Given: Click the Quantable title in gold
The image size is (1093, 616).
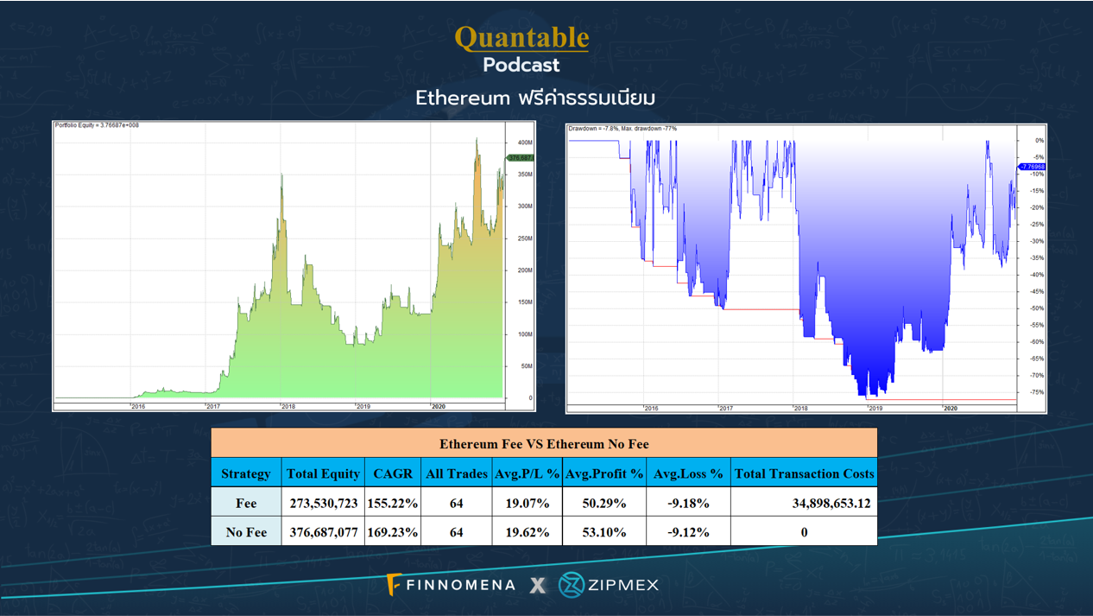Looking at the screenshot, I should pos(521,37).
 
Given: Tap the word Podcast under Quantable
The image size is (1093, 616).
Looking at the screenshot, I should pos(521,65).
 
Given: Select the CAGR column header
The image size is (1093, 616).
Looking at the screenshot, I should pos(393,473).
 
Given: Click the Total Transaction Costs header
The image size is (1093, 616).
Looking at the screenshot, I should pos(804,473).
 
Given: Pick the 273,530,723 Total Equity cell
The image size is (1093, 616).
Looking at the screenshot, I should pos(324,503).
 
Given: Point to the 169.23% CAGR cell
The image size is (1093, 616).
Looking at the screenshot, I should pos(393,532).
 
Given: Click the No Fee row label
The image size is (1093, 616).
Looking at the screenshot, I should pos(246,532).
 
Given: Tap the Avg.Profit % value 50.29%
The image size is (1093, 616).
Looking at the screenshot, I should pos(604,503).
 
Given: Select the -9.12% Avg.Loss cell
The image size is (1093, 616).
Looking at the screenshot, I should pos(688,532).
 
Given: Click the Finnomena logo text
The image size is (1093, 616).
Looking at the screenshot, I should pos(460,586).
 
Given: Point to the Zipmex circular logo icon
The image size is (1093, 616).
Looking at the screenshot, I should pos(571,585).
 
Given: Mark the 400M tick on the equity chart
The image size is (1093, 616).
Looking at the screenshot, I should pos(525,143).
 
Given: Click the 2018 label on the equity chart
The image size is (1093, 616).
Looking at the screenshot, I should pos(287,406).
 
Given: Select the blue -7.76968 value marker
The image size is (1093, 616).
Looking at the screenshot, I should pos(1033,167).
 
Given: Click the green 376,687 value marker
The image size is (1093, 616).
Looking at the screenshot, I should pos(521,158).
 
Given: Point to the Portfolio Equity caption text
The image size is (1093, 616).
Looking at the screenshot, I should pos(97,125).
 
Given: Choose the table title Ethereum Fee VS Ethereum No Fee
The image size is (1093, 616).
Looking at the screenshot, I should pos(544,444).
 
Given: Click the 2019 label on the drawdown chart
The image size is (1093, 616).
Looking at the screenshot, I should pos(875,408).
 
